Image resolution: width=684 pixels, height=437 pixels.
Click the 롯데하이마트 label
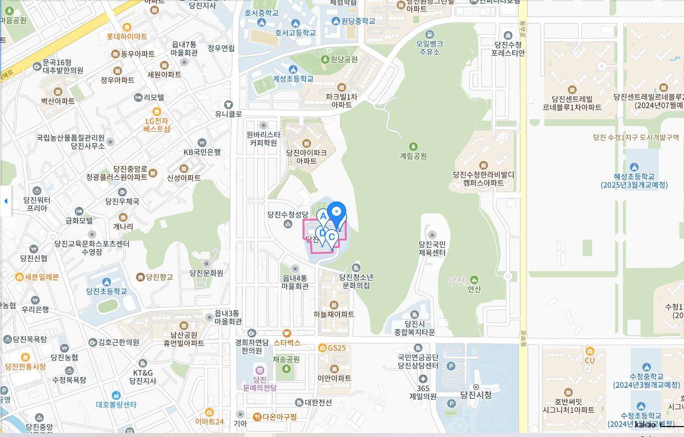[127, 36]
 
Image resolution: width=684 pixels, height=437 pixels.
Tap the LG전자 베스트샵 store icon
[156, 111]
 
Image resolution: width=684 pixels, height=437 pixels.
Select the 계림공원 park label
[413, 156]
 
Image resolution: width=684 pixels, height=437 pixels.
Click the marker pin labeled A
[323, 217]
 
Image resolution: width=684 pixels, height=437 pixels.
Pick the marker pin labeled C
[331, 237]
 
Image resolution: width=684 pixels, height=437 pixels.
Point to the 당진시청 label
[476, 395]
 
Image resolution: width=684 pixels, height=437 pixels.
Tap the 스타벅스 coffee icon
[287, 333]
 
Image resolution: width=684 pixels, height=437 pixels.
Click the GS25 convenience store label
[336, 348]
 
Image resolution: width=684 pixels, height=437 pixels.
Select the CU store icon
[590, 352]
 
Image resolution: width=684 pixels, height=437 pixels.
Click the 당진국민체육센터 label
[432, 248]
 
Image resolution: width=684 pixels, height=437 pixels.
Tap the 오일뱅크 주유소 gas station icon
[430, 34]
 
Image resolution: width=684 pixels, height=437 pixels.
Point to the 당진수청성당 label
[288, 215]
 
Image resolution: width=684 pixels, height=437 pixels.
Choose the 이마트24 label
[209, 422]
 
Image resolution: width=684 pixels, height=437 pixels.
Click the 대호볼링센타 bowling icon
[116, 395]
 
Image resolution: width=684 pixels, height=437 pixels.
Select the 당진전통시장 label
[25, 366]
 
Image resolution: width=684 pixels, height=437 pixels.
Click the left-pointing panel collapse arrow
[5, 201]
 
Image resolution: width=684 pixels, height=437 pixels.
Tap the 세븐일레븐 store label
[42, 277]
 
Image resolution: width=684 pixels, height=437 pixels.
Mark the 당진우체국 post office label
[122, 201]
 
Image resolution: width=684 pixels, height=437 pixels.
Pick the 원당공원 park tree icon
[325, 60]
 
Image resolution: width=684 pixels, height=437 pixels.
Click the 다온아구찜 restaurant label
[279, 417]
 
